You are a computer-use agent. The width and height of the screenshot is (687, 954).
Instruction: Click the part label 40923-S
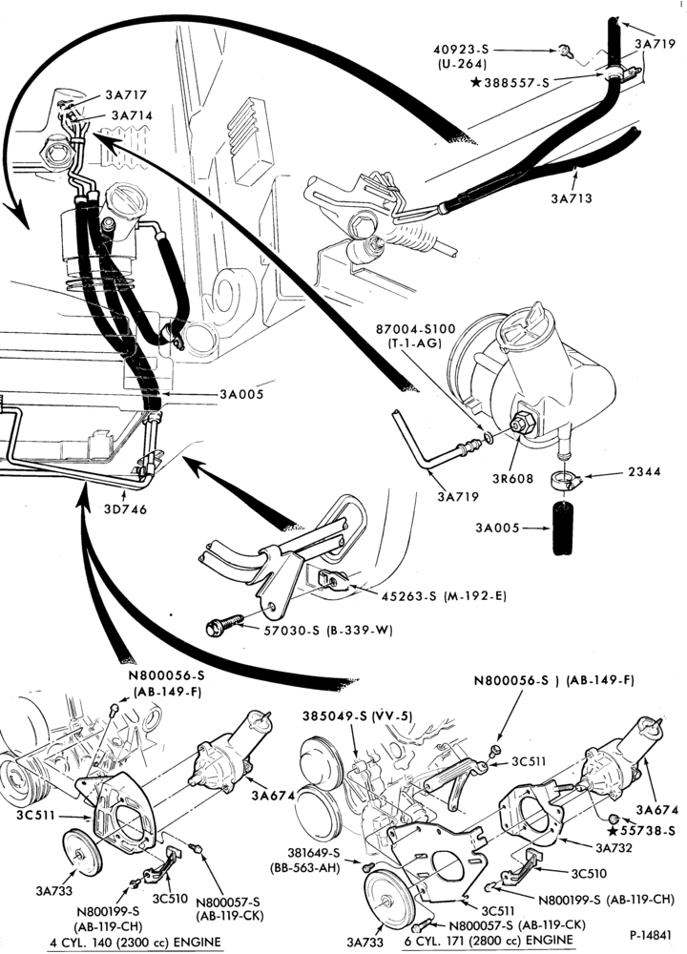click(x=461, y=50)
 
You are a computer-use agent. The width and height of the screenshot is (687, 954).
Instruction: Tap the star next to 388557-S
click(x=476, y=81)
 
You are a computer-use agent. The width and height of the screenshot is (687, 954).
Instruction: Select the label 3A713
click(x=572, y=198)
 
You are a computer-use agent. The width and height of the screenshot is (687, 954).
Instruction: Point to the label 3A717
click(x=126, y=94)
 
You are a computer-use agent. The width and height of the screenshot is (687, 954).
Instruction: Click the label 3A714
click(x=132, y=115)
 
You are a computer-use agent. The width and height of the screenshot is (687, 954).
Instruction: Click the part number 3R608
click(x=513, y=478)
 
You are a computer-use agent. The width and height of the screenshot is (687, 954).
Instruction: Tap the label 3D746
click(x=126, y=508)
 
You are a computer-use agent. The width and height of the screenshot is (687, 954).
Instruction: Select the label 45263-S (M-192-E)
click(x=444, y=596)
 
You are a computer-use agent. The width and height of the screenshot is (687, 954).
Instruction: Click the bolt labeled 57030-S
click(x=225, y=626)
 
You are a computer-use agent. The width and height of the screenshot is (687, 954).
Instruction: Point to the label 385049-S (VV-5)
click(x=358, y=716)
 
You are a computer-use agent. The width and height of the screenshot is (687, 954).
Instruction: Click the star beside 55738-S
click(x=614, y=831)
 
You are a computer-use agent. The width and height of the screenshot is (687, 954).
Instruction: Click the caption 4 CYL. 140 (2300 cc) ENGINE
click(x=135, y=942)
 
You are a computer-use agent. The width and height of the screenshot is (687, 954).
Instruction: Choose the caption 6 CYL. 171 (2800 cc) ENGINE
click(x=489, y=940)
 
